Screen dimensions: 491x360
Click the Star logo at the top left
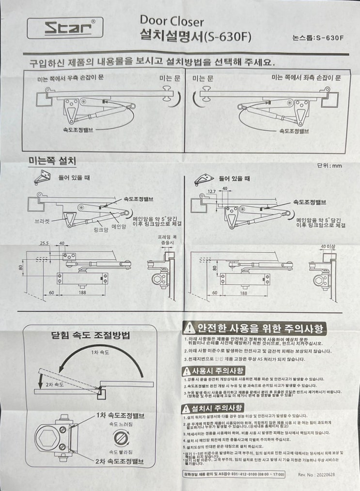coord(64,28)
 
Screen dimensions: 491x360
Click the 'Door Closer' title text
coord(172,21)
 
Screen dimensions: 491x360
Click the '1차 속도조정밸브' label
coord(120,415)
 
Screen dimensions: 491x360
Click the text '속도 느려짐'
coord(120,425)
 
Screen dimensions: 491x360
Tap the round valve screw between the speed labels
coord(120,438)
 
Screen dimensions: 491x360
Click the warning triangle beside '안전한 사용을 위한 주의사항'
coord(189,329)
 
